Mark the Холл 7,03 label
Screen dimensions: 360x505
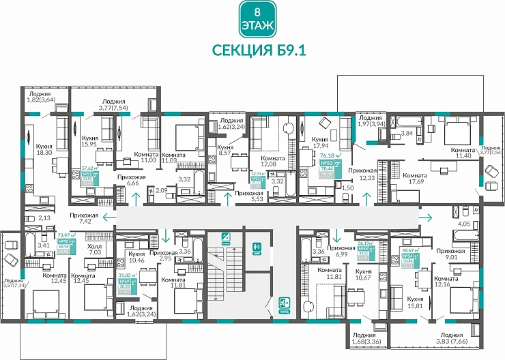pos(96,248)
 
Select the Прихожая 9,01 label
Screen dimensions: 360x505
pos(451,254)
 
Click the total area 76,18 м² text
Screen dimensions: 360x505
pos(330,156)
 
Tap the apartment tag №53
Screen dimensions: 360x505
pos(326,164)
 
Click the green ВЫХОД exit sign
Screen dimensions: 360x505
pos(283,302)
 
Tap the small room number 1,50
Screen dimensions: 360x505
pos(347,187)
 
